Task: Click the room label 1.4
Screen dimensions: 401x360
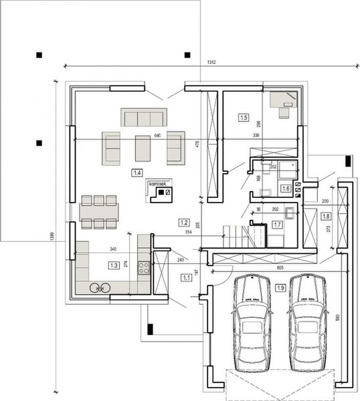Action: [x=137, y=173]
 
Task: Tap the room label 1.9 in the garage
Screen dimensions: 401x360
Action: [x=280, y=287]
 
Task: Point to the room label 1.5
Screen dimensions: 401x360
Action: [x=244, y=118]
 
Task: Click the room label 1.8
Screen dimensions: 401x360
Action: [x=326, y=216]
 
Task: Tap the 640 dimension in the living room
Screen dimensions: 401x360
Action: [x=158, y=136]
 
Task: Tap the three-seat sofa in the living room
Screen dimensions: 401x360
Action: [x=143, y=118]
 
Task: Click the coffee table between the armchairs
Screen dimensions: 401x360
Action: [x=143, y=147]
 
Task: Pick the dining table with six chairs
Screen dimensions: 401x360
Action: [x=99, y=213]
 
